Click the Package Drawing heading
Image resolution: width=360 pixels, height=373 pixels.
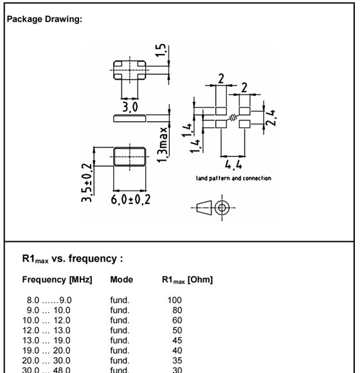tap(44, 19)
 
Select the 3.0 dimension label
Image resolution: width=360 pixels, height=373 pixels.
tap(130, 106)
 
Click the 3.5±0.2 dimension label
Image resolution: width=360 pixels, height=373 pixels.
tap(87, 182)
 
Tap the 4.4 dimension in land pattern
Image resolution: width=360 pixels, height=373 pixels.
tap(233, 165)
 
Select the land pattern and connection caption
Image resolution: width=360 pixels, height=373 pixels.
tap(233, 178)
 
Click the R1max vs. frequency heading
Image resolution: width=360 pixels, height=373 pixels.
tap(72, 259)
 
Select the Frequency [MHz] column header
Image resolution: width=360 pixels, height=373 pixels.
tap(57, 280)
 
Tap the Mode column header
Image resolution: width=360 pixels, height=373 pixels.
tap(122, 280)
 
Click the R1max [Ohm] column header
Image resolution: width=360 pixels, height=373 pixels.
tap(187, 280)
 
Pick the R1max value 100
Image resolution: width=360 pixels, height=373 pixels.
tap(174, 300)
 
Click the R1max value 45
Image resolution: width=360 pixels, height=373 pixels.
tap(174, 340)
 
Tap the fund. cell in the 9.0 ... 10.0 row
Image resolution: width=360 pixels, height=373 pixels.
tap(120, 310)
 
